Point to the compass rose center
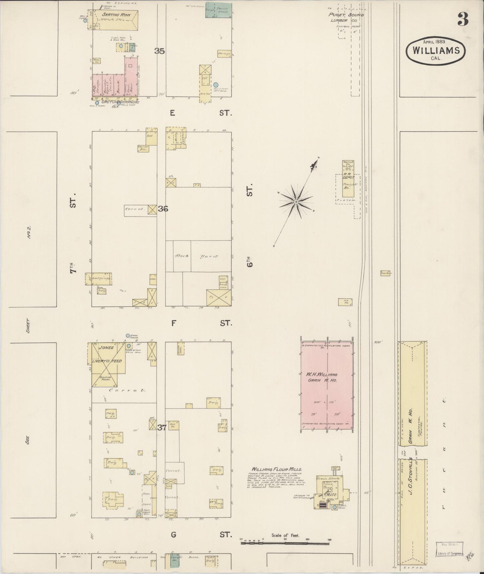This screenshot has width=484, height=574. click(x=296, y=202)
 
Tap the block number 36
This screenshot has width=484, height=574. click(x=163, y=209)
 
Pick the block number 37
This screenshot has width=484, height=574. click(x=162, y=428)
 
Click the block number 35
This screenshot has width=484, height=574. click(x=160, y=51)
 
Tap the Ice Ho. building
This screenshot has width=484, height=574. click(x=345, y=301)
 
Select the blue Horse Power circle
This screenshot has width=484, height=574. click(x=128, y=335)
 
